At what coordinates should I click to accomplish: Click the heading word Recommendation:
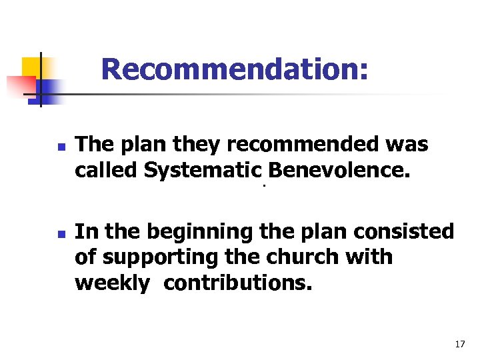234,69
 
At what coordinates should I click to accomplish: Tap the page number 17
459,344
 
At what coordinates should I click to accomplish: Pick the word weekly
113,283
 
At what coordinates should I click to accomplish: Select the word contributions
237,283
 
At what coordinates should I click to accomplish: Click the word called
106,171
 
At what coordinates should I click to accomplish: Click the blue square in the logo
48,89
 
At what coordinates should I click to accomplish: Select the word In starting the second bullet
84,232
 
